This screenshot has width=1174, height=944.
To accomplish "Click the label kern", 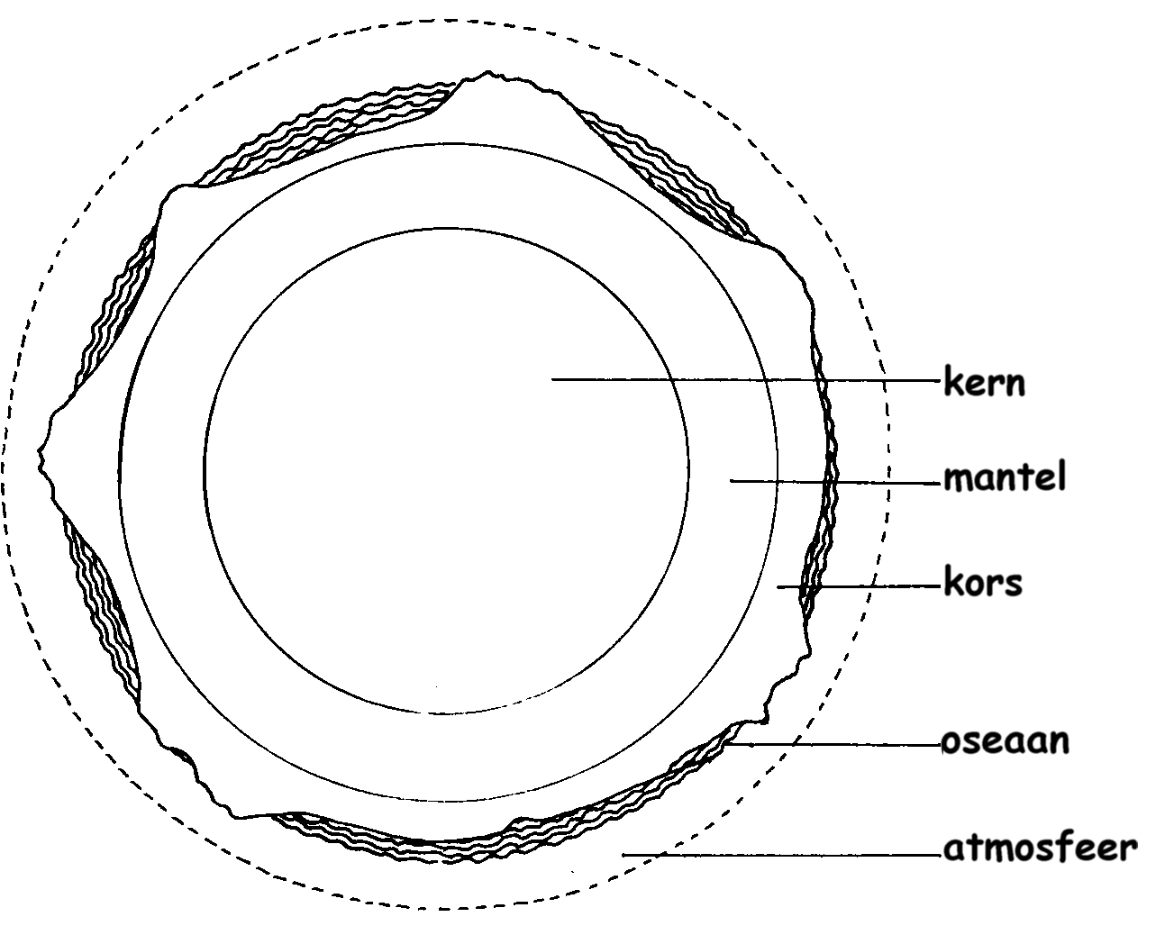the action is coord(985,381).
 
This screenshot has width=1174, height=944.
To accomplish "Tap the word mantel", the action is coord(1005,477).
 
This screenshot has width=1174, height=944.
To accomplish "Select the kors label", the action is coord(983,581).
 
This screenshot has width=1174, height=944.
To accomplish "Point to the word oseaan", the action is coord(1005,741).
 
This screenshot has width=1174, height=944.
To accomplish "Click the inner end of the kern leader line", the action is coord(552,379).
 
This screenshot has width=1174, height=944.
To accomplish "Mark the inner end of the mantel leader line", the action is coord(731,480).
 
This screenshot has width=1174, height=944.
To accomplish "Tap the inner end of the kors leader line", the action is coord(778,586).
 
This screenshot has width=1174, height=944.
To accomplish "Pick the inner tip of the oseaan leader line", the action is coord(727,744).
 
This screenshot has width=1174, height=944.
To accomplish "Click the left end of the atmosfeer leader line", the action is coord(623,855).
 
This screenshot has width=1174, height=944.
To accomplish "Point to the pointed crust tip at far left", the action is coord(38,451).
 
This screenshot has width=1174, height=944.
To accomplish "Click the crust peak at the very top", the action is coord(488,72).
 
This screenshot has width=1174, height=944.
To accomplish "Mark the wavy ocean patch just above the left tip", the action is coord(114,311).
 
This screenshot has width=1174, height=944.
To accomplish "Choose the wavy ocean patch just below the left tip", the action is coord(101,605).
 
